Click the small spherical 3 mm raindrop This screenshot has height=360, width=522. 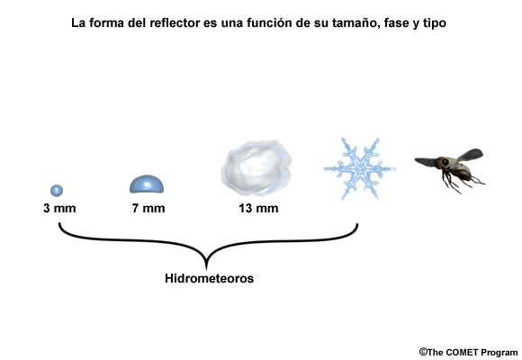57,191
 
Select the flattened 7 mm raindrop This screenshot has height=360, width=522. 147,184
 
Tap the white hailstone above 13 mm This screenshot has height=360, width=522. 256,167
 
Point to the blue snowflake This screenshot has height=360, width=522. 360,168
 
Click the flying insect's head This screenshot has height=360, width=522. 443,162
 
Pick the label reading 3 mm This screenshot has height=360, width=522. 59,209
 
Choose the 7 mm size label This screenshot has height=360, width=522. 148,209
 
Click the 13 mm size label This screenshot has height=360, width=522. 258,209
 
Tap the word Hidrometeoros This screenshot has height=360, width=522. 210,278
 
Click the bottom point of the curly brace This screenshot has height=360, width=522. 206,268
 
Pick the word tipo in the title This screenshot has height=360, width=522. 435,23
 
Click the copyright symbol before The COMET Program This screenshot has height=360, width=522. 423,352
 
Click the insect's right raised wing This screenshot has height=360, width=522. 470,155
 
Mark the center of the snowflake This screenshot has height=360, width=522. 360,168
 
